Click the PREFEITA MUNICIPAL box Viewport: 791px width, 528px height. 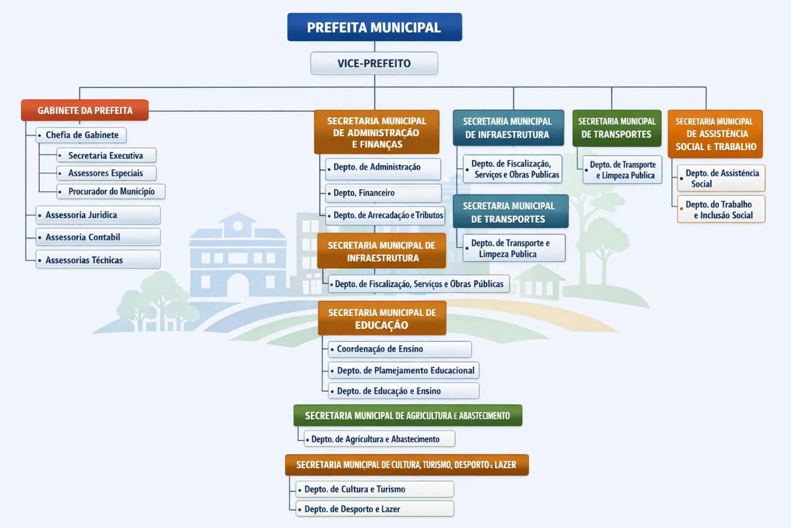374,27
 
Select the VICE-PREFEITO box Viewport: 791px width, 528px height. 374,63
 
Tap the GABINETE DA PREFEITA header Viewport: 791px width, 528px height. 85,110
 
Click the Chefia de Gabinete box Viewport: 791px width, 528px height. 81,135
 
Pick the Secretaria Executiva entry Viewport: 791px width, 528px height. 106,156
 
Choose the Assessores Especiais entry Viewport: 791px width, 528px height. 106,173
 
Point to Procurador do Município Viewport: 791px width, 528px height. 111,191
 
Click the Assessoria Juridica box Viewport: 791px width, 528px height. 98,215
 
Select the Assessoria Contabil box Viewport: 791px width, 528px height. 98,237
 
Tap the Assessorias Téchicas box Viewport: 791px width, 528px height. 98,260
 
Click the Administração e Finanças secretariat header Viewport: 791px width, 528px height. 376,133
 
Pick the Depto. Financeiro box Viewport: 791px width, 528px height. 383,193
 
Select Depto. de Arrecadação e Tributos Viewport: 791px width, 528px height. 386,215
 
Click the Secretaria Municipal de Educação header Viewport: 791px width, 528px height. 382,319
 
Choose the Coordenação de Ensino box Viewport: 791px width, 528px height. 400,349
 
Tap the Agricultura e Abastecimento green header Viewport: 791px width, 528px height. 407,416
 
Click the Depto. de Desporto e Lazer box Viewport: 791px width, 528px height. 375,509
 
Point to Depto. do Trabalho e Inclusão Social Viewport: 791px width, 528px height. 721,209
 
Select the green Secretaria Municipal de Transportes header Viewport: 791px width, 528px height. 617,128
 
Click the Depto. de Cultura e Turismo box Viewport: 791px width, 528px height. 375,489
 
